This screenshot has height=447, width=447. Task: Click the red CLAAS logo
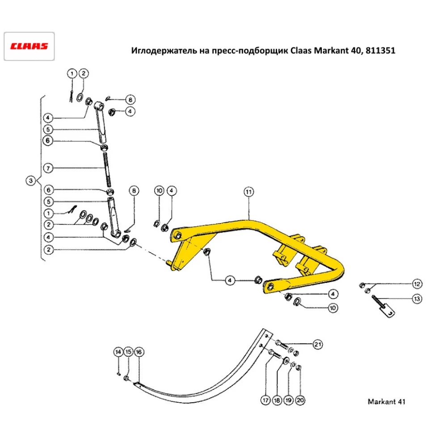[x=29, y=46]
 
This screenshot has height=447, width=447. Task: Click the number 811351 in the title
[x=380, y=51]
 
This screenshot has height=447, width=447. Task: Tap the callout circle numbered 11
[x=249, y=192]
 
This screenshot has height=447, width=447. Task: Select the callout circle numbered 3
[x=30, y=181]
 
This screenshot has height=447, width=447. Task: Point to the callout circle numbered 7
[x=49, y=168]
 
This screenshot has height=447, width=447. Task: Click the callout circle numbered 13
[x=417, y=298]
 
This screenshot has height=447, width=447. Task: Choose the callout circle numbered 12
[x=417, y=284]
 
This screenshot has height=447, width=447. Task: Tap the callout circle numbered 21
[x=317, y=344]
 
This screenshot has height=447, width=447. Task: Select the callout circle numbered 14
[x=118, y=352]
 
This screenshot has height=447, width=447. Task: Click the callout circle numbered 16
[x=139, y=352]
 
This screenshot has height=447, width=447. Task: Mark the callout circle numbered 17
[x=266, y=401]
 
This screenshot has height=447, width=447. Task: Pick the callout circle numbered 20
[x=300, y=401]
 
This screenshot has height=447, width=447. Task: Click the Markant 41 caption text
[x=386, y=401]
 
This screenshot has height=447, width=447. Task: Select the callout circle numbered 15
[x=128, y=352]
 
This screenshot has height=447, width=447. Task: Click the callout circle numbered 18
[x=277, y=401]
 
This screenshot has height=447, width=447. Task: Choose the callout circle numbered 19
[x=289, y=401]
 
